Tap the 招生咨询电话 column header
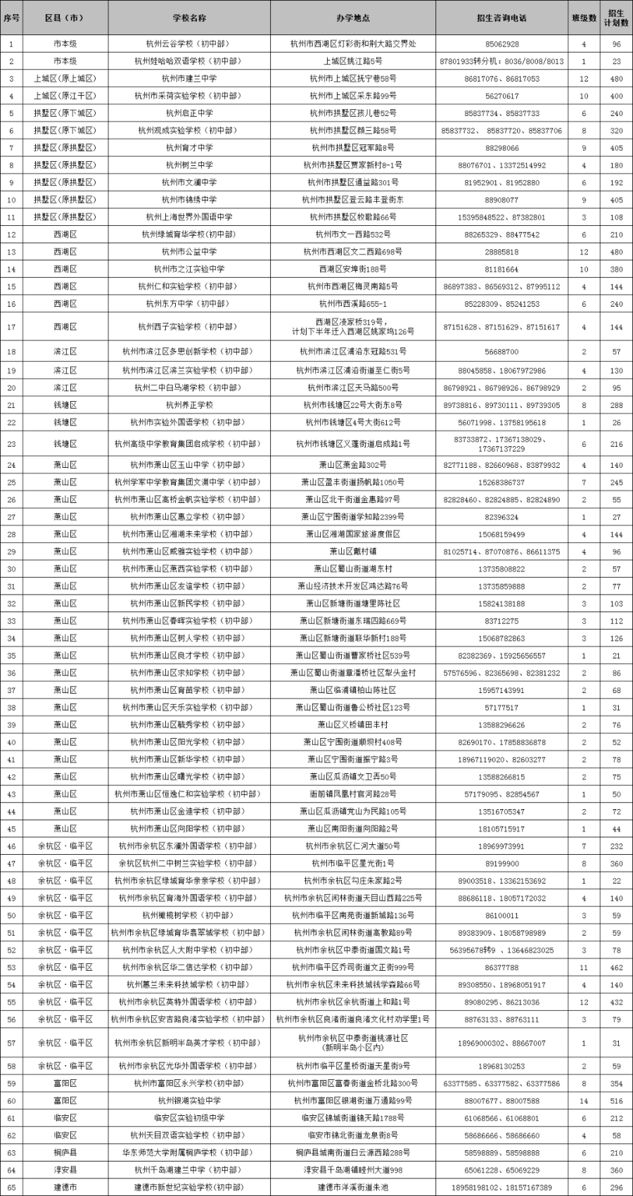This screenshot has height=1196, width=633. pyautogui.click(x=501, y=18)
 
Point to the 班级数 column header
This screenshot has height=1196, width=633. pyautogui.click(x=584, y=18)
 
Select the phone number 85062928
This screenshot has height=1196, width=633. pyautogui.click(x=501, y=44)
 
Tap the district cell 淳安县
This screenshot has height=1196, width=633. pyautogui.click(x=65, y=1170)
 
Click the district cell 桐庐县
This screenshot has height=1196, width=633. pyautogui.click(x=65, y=1152)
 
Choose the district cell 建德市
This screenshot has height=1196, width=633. pyautogui.click(x=65, y=1188)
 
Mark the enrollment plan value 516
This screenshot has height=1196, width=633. pyautogui.click(x=616, y=1100)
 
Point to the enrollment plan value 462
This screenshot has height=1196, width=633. pyautogui.click(x=616, y=967)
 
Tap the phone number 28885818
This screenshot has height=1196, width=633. pyautogui.click(x=501, y=251)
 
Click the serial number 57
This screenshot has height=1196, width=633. pyautogui.click(x=11, y=1043)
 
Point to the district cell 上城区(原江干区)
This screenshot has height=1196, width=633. pyautogui.click(x=65, y=96)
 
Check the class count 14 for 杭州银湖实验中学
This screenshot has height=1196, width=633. pyautogui.click(x=584, y=1100)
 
